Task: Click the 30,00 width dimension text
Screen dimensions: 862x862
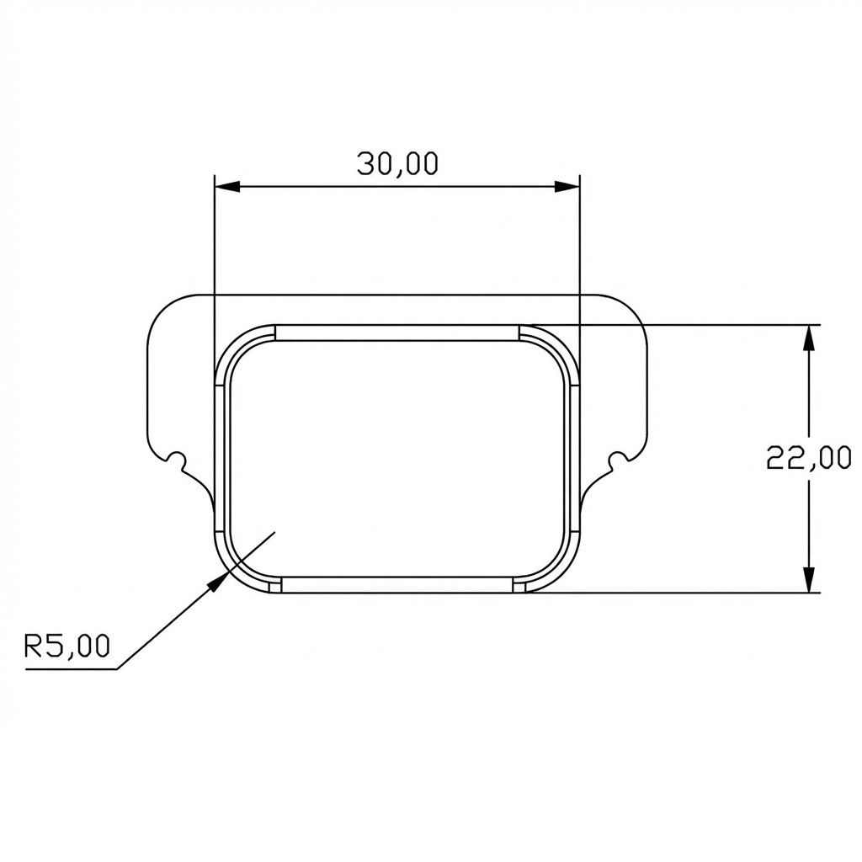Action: [x=397, y=164]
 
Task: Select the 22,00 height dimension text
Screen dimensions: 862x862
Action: [x=809, y=457]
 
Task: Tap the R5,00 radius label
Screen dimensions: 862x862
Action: [x=67, y=646]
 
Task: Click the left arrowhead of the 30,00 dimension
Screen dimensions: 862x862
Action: [x=227, y=187]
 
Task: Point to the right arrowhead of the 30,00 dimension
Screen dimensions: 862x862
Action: [x=567, y=187]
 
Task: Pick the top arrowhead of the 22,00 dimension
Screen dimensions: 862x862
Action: [x=809, y=338]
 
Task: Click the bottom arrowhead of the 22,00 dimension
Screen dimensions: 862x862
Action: [x=809, y=579]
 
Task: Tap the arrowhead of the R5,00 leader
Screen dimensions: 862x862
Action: [x=219, y=580]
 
